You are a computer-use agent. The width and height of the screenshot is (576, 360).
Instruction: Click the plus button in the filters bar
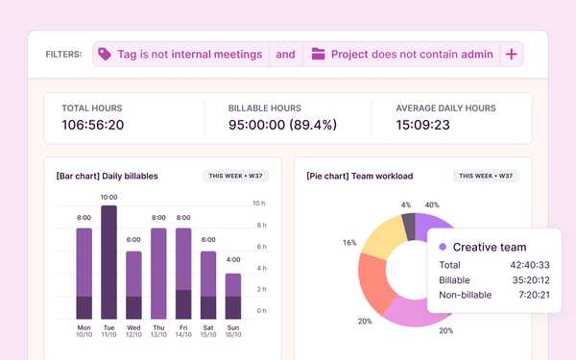pyautogui.click(x=511, y=55)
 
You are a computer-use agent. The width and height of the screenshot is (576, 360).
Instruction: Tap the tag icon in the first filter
pyautogui.click(x=105, y=55)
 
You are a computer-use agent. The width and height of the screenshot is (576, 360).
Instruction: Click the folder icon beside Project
pyautogui.click(x=318, y=55)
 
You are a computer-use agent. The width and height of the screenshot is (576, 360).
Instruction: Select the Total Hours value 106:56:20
pyautogui.click(x=93, y=125)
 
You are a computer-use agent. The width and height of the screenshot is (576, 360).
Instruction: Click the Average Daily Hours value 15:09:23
pyautogui.click(x=430, y=125)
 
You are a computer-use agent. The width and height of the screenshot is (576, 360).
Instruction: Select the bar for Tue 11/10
pyautogui.click(x=109, y=261)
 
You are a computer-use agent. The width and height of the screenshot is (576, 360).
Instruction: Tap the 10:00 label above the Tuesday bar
pyautogui.click(x=109, y=196)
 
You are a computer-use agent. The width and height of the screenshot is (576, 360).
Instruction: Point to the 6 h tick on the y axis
pyautogui.click(x=259, y=247)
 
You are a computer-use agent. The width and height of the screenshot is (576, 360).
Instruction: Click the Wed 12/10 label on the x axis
pyautogui.click(x=133, y=331)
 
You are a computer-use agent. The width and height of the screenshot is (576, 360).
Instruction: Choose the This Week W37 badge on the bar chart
pyautogui.click(x=237, y=176)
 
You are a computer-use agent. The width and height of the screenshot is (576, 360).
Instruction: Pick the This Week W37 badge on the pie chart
pyautogui.click(x=489, y=176)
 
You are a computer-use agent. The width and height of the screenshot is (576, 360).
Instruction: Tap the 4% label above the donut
pyautogui.click(x=406, y=204)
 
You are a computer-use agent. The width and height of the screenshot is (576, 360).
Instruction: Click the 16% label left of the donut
pyautogui.click(x=349, y=243)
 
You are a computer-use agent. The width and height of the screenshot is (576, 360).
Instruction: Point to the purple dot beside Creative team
pyautogui.click(x=443, y=247)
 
